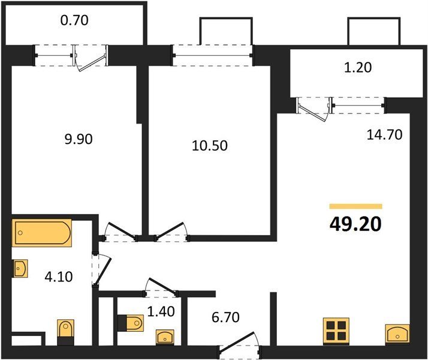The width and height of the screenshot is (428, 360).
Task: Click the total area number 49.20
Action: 355,224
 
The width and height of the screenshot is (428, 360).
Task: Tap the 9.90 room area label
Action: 79,139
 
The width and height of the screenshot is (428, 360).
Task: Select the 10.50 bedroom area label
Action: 210,146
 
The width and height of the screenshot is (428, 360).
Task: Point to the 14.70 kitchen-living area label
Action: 384,134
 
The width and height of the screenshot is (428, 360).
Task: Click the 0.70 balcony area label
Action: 74,20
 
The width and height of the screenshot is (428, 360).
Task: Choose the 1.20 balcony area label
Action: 358,67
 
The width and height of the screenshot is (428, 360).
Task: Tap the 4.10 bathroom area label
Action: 59,277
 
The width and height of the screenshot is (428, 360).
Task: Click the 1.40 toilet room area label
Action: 161,311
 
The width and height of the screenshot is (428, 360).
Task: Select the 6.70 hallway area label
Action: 225,317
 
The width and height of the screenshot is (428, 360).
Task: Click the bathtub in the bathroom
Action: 41,233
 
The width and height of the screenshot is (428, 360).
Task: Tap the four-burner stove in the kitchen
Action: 336,331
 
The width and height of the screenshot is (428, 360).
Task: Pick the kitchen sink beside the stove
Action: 397,333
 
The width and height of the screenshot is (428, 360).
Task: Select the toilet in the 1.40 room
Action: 131,323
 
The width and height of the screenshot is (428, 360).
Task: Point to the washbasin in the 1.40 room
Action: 165,337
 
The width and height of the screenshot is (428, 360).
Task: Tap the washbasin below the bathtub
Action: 20,268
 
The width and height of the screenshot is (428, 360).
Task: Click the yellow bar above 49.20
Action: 355,206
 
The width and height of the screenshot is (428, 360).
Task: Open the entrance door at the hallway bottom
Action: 240,346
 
